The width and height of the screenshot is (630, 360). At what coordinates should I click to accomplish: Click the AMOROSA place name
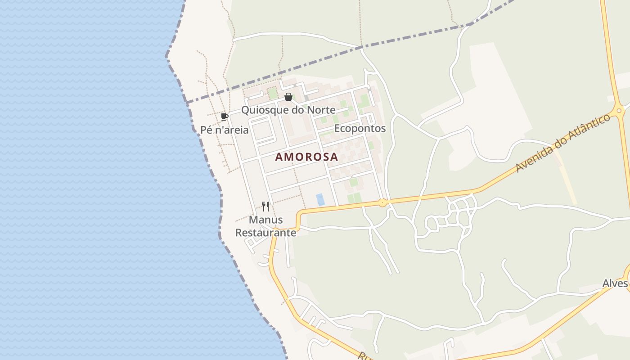tap(306, 157)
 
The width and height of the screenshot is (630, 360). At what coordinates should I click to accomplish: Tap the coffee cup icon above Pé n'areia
tap(225, 117)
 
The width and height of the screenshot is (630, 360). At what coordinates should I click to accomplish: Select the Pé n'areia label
tap(225, 130)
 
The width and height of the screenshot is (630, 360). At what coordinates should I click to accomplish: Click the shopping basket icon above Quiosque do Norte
tap(288, 97)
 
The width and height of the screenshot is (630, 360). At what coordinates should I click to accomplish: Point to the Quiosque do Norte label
tap(288, 110)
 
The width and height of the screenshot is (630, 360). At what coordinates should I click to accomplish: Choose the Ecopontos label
tap(360, 128)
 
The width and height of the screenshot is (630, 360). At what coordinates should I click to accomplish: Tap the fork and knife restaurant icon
tap(265, 207)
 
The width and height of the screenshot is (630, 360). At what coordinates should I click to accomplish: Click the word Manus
tap(265, 220)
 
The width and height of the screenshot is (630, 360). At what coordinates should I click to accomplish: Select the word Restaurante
tap(265, 233)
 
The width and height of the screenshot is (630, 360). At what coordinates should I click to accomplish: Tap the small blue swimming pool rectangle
tap(320, 199)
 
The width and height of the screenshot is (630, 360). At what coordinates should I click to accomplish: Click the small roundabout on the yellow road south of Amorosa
tap(382, 203)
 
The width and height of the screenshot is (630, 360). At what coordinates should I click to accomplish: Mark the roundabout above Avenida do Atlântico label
tap(620, 110)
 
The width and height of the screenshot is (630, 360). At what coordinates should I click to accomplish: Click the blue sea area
tap(90, 180)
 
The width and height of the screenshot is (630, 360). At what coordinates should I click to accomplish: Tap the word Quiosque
tap(262, 110)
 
